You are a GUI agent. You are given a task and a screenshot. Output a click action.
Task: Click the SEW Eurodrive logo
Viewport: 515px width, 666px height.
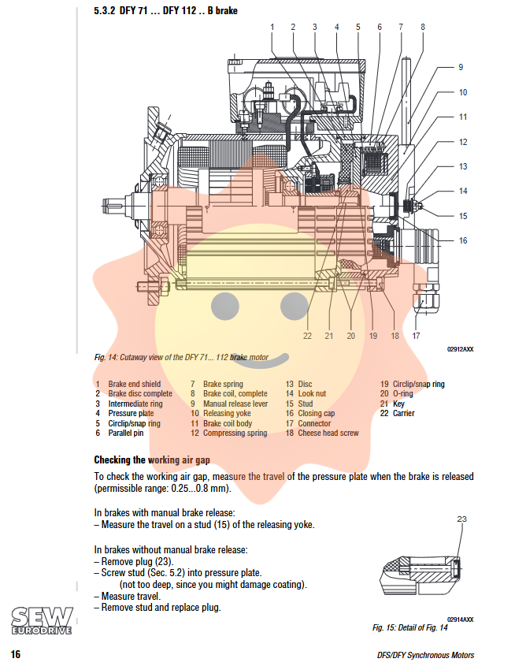click(43, 620)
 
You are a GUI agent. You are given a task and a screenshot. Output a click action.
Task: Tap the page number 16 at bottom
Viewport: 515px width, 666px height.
click(15, 654)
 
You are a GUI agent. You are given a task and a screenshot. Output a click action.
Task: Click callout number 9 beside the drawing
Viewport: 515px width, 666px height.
click(461, 68)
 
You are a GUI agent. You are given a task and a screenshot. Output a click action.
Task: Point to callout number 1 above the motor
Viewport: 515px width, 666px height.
click(272, 27)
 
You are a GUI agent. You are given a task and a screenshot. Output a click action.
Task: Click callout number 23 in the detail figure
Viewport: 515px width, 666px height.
click(461, 519)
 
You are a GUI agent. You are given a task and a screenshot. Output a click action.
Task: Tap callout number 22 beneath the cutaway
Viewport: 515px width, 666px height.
click(307, 336)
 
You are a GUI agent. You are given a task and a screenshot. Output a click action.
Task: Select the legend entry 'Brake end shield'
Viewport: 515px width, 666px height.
click(134, 384)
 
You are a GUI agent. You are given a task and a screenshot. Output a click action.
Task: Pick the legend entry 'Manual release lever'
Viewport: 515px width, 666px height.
click(235, 404)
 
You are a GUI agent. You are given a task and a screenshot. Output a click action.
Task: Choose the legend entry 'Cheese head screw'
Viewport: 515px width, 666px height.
click(328, 433)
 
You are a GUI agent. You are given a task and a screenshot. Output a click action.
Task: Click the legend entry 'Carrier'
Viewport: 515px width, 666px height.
click(403, 413)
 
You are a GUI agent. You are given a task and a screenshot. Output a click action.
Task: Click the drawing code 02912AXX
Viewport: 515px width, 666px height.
click(460, 348)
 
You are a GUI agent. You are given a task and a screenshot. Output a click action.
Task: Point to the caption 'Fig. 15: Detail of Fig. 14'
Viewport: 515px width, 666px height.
click(409, 627)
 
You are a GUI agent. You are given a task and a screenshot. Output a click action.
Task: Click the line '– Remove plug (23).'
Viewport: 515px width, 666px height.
click(132, 561)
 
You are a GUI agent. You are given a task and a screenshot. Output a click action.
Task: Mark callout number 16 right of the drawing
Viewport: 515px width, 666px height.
click(463, 240)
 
